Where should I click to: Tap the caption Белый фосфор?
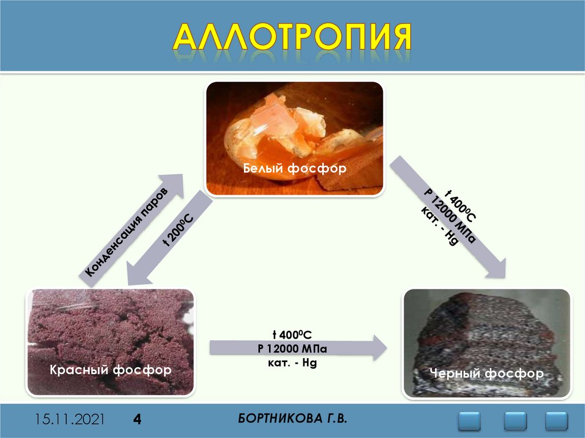pyautogui.click(x=295, y=169)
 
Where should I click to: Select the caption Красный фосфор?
pyautogui.click(x=111, y=370)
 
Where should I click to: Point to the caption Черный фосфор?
pyautogui.click(x=487, y=374)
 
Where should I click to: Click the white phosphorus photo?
pyautogui.click(x=294, y=126)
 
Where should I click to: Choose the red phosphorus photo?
pyautogui.click(x=111, y=331)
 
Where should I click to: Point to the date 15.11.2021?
pyautogui.click(x=70, y=420)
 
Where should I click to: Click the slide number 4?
pyautogui.click(x=137, y=420)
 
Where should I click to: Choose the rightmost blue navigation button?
pyautogui.click(x=556, y=421)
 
